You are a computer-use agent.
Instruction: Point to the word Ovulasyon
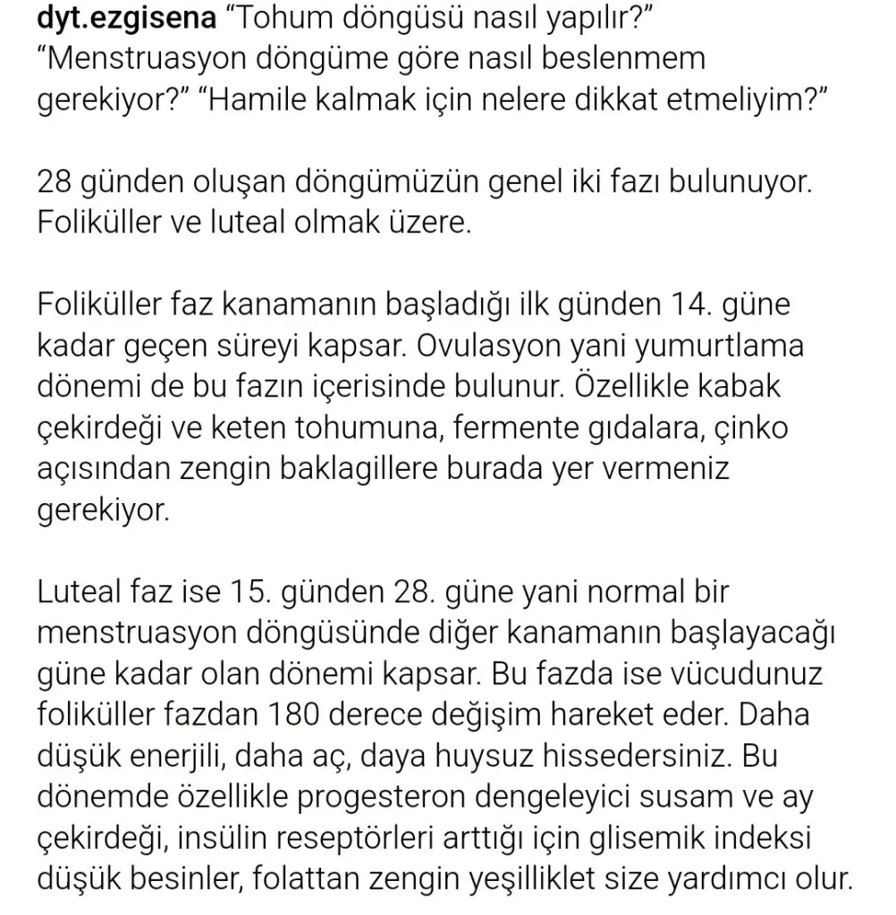(494, 347)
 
